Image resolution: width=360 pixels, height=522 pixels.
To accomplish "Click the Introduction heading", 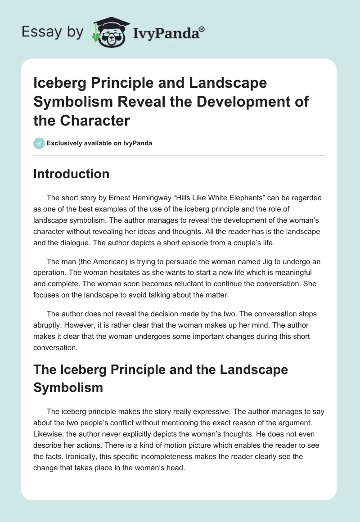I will (x=71, y=174).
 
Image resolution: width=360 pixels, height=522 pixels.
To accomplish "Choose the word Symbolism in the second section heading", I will (x=68, y=387).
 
